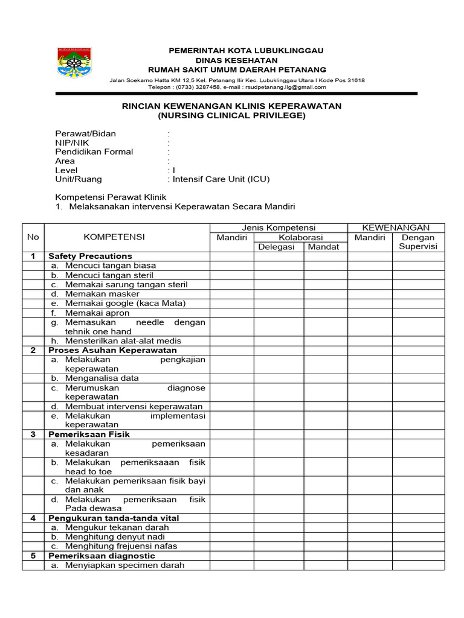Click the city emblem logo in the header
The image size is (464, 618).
click(76, 62)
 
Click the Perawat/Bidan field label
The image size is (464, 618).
click(86, 133)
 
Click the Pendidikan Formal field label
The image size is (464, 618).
click(94, 151)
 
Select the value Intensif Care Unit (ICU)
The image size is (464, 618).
click(221, 179)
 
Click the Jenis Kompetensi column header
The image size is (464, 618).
click(279, 228)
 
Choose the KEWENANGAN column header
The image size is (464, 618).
click(396, 228)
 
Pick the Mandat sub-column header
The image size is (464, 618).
click(323, 247)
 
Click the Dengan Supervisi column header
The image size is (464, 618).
click(418, 242)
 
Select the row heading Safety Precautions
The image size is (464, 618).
click(90, 256)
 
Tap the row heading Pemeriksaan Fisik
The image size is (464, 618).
click(89, 434)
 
